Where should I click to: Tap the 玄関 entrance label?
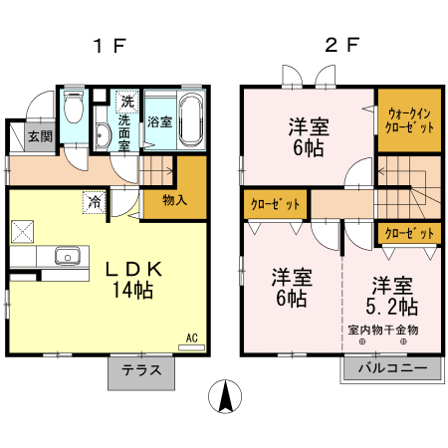pos(40,136)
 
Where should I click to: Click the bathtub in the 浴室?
pos(191,119)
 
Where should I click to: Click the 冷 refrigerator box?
pos(93,201)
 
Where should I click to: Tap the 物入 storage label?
pos(174,200)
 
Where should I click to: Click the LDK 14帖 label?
pos(131,280)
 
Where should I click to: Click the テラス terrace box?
pos(141,371)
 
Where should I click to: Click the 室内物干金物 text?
pos(383,330)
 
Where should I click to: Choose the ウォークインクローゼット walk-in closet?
pos(409,121)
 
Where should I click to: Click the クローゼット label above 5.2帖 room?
pos(409,234)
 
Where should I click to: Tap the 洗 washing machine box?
pos(126,101)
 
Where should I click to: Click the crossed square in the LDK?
pos(23,232)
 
